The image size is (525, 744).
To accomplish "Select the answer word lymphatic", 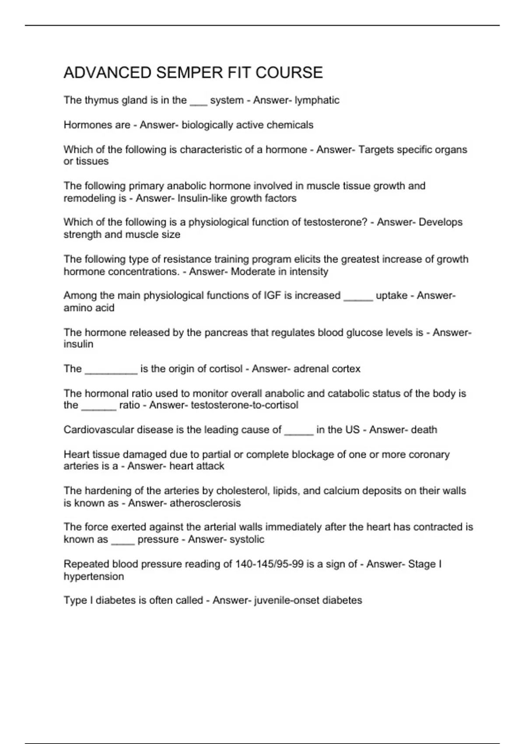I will coord(317,100).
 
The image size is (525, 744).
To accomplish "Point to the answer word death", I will coord(424,430).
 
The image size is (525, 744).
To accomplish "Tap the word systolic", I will coord(247,540).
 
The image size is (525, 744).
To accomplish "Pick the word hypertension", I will coord(94,576).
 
